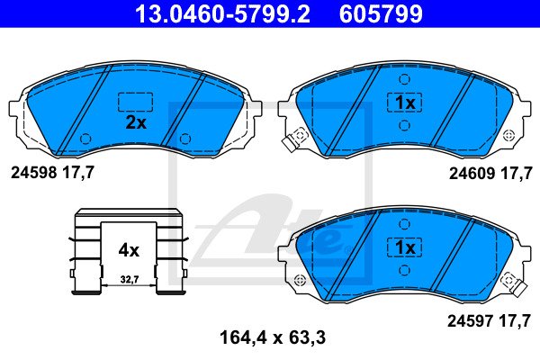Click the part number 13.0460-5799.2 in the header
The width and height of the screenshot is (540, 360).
[222, 13]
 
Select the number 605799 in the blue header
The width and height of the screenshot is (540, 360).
[381, 13]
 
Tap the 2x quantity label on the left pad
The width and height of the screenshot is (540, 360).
[136, 122]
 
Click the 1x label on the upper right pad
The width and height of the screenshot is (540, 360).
[405, 103]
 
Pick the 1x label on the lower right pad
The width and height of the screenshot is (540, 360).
[405, 247]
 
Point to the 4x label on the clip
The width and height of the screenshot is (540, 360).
[129, 250]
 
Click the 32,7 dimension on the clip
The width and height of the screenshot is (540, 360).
[130, 279]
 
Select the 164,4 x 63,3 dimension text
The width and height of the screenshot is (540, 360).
[273, 337]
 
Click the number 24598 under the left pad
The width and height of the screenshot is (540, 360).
[34, 172]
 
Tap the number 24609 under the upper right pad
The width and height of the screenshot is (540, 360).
[472, 174]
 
